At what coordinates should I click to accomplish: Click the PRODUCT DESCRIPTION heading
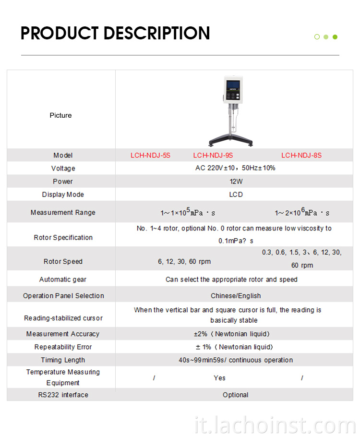tap(115, 33)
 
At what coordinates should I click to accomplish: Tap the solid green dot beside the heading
tap(335, 37)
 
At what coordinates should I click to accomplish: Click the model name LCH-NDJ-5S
tap(150, 156)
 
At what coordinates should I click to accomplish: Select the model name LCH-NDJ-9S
tap(213, 156)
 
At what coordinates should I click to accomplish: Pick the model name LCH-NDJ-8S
tap(301, 156)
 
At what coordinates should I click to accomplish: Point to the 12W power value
tap(236, 182)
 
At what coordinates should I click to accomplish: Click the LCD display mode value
tap(236, 195)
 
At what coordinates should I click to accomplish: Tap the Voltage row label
tap(63, 169)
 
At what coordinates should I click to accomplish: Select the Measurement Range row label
tap(63, 212)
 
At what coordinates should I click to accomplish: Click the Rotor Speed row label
tap(63, 261)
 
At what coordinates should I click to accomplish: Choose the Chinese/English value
tap(236, 296)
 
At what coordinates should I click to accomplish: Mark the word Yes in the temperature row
tap(219, 378)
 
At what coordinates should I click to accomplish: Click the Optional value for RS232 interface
tap(236, 395)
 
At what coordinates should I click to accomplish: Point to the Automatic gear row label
tap(63, 280)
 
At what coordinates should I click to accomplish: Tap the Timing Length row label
tap(63, 360)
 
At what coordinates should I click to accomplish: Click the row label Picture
tap(60, 115)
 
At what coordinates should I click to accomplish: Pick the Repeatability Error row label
tap(63, 347)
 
